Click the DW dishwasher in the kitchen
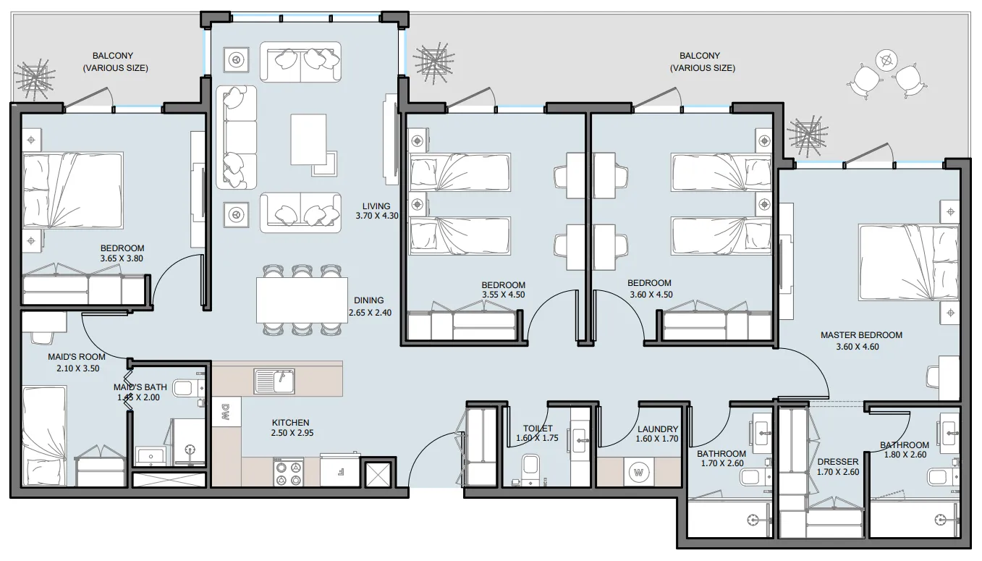click(x=227, y=412)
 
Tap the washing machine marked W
click(x=638, y=473)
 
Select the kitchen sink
click(x=274, y=381)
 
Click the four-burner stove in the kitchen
click(x=289, y=473)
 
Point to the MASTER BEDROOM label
click(x=861, y=335)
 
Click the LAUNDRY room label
click(x=658, y=429)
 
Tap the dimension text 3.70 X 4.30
click(x=376, y=216)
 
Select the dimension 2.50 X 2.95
click(x=292, y=433)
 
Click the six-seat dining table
click(x=302, y=300)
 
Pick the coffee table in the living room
click(x=308, y=140)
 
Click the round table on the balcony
click(x=886, y=61)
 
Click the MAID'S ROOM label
click(x=77, y=357)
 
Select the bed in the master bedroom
click(x=908, y=263)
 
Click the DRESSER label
click(x=838, y=462)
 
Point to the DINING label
click(x=368, y=300)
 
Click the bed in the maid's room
click(x=44, y=436)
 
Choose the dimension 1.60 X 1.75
click(x=537, y=438)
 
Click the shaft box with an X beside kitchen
click(x=378, y=474)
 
